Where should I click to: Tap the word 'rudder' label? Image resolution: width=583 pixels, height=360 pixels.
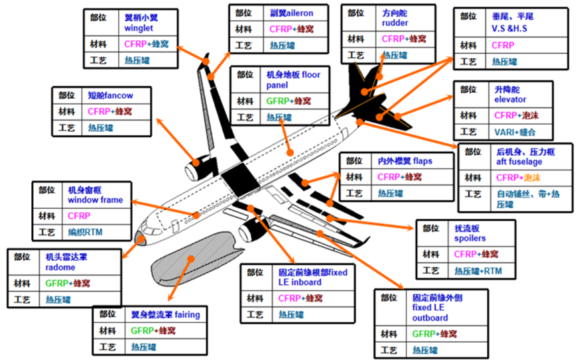[395, 23]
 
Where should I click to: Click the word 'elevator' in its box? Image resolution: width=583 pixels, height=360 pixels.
[510, 99]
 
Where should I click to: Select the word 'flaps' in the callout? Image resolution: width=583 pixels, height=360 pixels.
[424, 160]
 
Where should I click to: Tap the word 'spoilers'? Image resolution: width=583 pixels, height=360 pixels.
[470, 238]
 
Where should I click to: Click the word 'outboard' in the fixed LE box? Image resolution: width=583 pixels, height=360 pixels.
[430, 318]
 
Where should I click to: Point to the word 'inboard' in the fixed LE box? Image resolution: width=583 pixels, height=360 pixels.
[305, 282]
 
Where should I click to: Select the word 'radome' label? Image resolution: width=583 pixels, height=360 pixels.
[60, 268]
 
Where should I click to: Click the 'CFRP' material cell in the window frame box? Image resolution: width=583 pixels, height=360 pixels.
[79, 215]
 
